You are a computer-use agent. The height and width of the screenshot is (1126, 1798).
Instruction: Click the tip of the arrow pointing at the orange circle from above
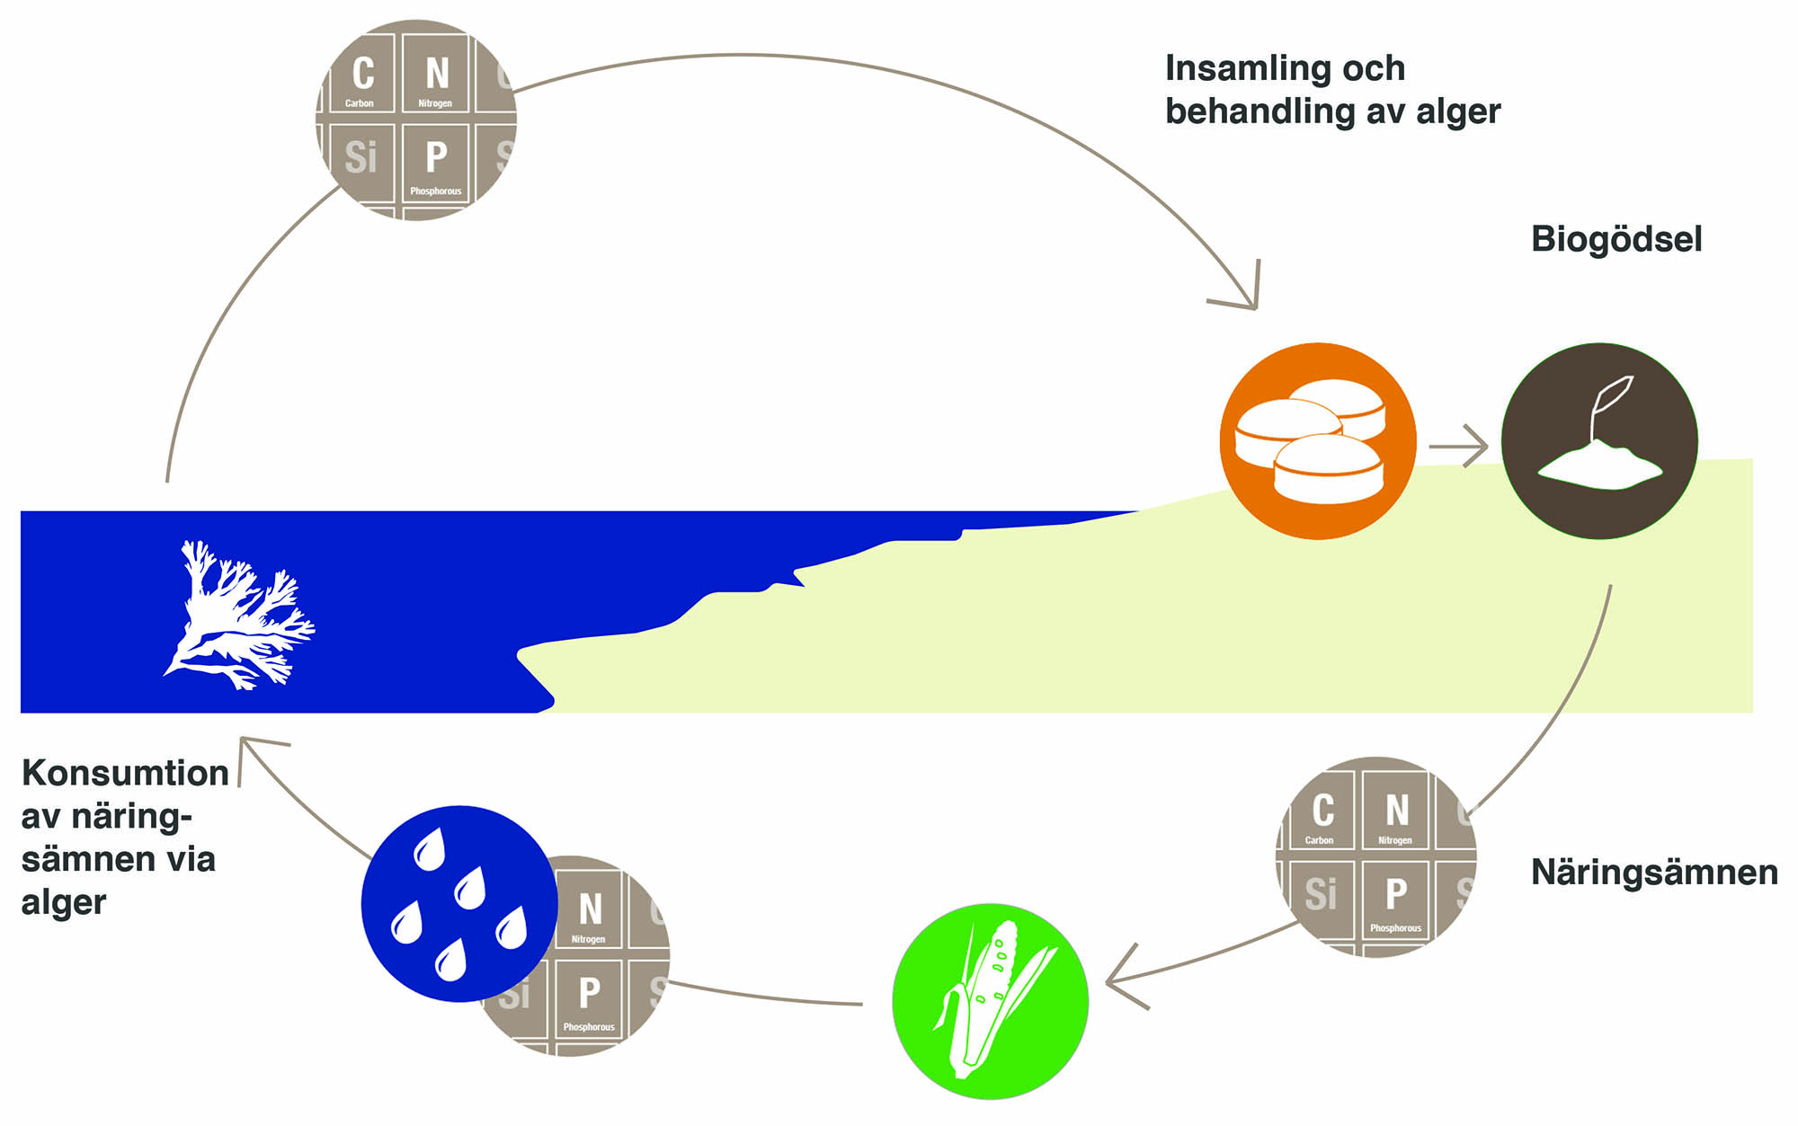click(x=1255, y=309)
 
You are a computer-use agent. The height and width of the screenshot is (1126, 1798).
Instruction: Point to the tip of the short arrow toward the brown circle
click(x=1488, y=446)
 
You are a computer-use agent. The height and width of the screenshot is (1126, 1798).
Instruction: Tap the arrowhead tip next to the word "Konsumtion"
click(x=241, y=739)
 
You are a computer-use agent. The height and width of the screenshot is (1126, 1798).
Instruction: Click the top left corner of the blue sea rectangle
click(x=21, y=511)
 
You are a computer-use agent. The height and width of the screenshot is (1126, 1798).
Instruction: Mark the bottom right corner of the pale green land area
click(x=1753, y=713)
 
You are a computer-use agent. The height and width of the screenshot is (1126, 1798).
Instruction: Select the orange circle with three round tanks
click(x=1318, y=441)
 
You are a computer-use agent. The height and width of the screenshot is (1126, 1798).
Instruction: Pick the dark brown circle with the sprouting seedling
click(x=1599, y=441)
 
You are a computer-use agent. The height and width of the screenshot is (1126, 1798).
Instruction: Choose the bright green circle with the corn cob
click(x=990, y=1001)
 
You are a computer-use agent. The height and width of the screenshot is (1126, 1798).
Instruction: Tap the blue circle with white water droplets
click(x=459, y=903)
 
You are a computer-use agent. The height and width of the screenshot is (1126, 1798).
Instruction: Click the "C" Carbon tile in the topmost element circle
click(x=360, y=74)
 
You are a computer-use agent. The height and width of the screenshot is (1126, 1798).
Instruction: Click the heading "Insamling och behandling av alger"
click(x=1332, y=90)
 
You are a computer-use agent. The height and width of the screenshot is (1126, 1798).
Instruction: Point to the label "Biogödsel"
click(x=1616, y=240)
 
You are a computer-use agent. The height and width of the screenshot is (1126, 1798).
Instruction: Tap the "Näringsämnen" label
click(x=1654, y=872)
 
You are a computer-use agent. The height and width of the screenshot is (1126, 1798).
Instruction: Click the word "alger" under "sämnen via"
click(x=64, y=903)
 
